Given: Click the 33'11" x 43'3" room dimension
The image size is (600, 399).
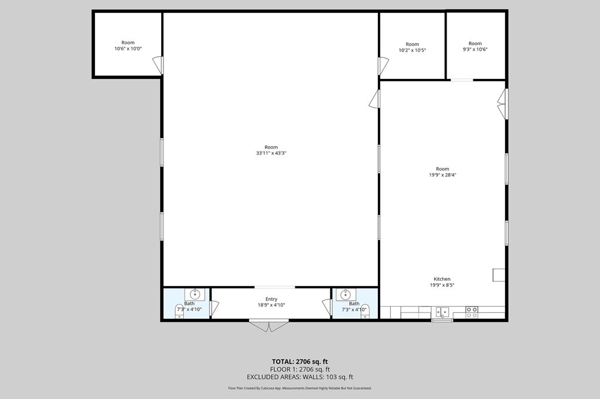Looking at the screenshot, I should (x=271, y=153).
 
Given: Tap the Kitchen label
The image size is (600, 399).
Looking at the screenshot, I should (x=442, y=279).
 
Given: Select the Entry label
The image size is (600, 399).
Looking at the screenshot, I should (x=271, y=299).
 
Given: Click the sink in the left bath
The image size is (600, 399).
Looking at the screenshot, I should (x=195, y=294).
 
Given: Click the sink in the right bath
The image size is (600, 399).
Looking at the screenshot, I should (x=346, y=294).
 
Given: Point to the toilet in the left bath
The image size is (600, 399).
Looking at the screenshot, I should (x=180, y=311).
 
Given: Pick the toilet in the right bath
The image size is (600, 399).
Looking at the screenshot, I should (x=364, y=311).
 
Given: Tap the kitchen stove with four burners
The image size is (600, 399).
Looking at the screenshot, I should (x=472, y=312).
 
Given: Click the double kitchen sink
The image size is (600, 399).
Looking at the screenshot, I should (x=442, y=312).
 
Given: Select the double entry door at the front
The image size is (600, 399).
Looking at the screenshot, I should (x=269, y=325).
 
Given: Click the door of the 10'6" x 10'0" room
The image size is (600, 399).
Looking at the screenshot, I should (x=158, y=65).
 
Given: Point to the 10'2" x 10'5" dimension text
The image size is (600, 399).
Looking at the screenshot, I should (x=412, y=50).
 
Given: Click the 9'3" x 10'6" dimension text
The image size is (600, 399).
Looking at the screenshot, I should (x=475, y=50).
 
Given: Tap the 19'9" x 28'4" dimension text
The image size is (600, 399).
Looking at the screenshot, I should (x=442, y=175).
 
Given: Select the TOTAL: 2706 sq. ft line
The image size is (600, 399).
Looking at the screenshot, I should (x=300, y=361).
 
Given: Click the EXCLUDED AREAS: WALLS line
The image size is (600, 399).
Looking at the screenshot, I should (x=300, y=377).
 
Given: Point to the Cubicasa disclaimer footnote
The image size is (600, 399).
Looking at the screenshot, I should (x=300, y=388).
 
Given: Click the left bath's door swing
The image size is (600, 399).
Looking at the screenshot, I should (x=214, y=308).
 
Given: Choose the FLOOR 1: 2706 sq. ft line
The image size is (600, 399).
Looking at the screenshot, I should (x=300, y=369).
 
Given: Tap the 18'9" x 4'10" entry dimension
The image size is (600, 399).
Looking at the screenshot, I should (x=271, y=305).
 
